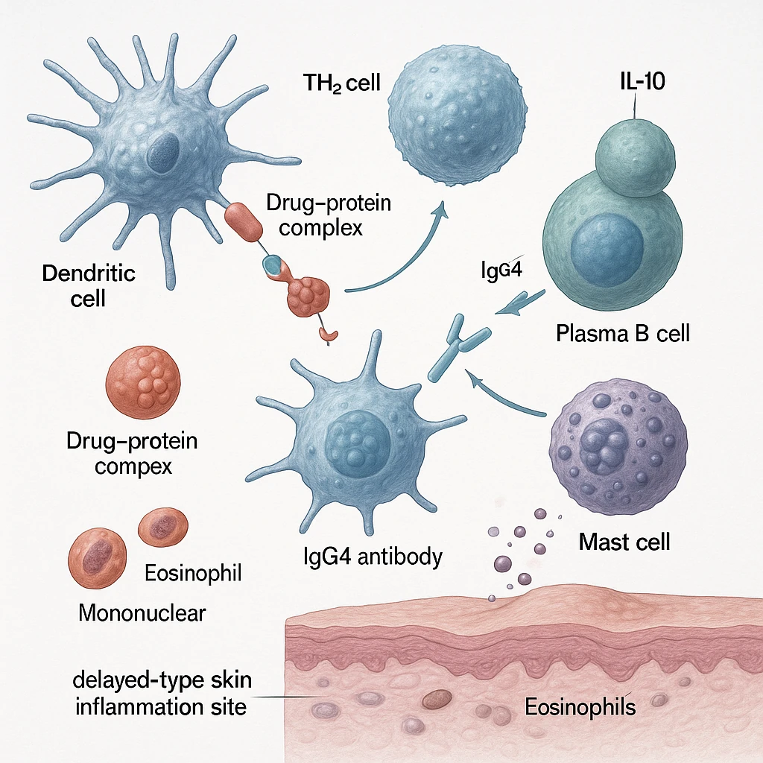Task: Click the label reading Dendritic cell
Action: tap(89, 285)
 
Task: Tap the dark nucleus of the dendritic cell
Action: tap(158, 152)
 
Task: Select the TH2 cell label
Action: tap(342, 83)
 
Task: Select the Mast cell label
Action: tap(624, 541)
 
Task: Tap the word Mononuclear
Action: tap(142, 614)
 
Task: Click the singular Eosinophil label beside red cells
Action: tap(192, 574)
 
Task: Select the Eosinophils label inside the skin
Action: tap(580, 706)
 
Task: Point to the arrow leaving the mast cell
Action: tap(507, 393)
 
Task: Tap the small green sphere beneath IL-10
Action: tap(634, 156)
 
